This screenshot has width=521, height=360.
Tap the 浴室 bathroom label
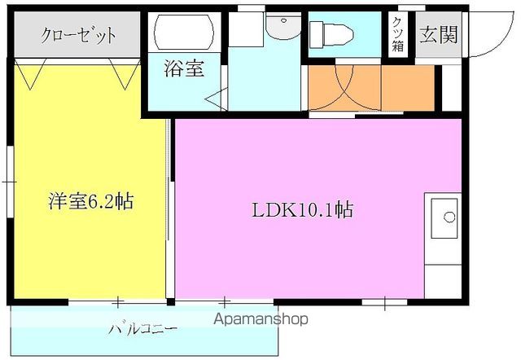184,68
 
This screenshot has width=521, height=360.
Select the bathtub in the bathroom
185,33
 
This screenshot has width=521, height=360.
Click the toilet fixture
331,34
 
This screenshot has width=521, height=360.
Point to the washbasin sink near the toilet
282,26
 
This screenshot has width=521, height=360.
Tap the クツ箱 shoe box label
398,34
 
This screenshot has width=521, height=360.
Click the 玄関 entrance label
439,34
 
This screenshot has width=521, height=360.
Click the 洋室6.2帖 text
90,201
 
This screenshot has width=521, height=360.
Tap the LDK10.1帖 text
302,210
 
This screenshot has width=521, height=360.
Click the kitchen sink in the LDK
444,218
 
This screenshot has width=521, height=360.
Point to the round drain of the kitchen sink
449,217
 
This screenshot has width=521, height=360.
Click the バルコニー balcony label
143,329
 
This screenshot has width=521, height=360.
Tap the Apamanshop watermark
260,319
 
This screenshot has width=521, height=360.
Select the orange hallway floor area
371,88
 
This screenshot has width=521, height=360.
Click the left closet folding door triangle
30,74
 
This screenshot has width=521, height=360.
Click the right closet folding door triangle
125,74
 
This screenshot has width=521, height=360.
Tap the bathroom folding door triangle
217,99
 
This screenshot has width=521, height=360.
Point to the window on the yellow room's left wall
11,182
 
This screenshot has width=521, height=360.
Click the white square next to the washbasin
246,29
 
